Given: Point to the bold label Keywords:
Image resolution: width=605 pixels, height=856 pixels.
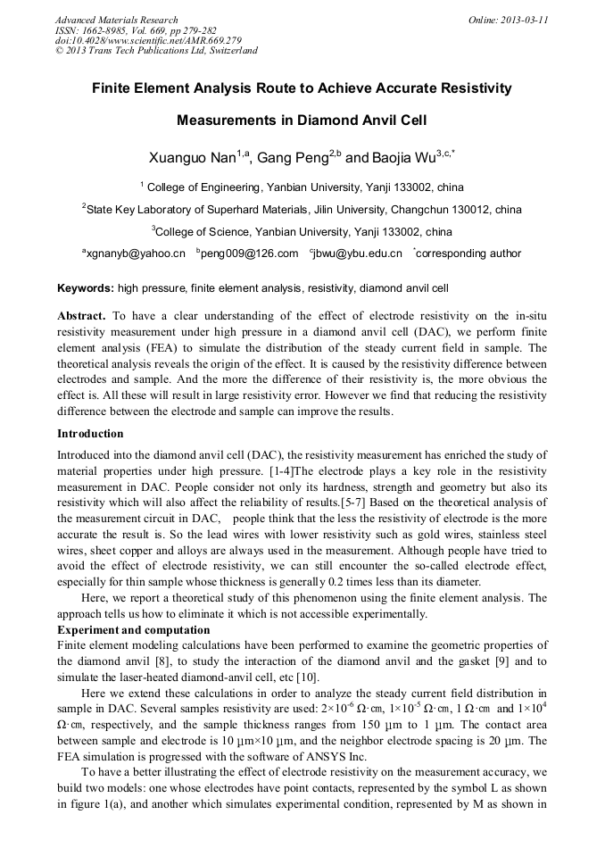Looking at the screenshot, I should pyautogui.click(x=86, y=289).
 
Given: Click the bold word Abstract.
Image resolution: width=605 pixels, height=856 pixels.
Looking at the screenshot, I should pyautogui.click(x=80, y=316).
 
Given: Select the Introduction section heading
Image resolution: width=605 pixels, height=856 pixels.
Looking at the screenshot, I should pyautogui.click(x=90, y=434).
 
